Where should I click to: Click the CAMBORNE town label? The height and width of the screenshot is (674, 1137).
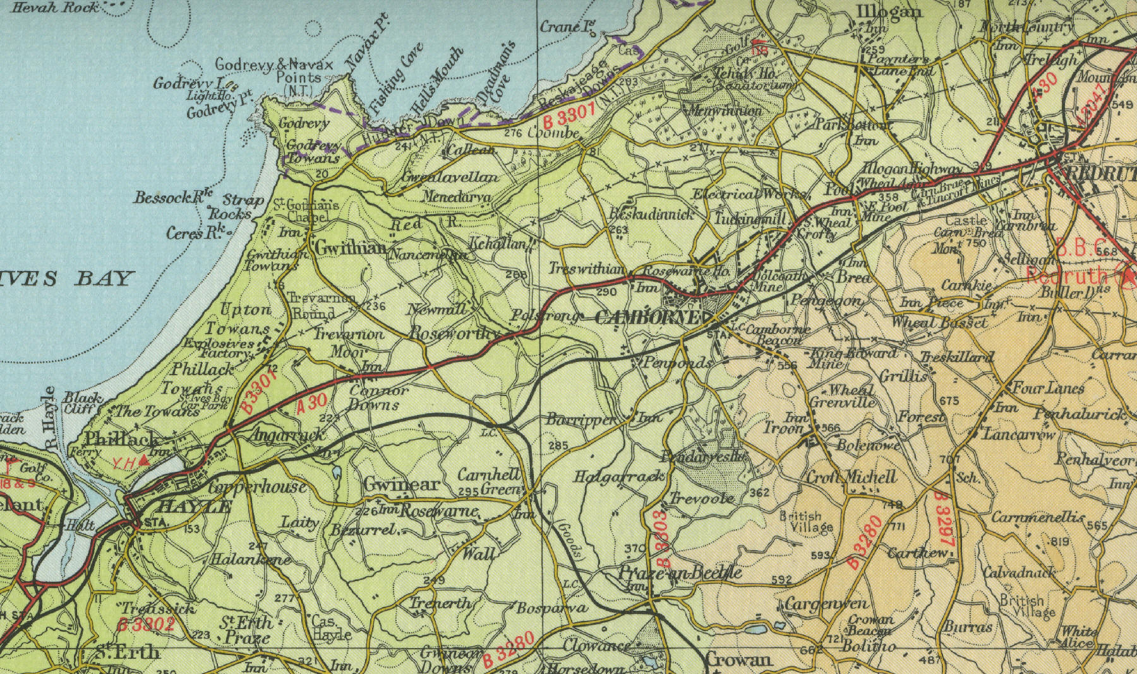647,318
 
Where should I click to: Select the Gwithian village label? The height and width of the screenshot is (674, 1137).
349,248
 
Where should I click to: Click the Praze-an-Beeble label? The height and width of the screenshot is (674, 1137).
679,574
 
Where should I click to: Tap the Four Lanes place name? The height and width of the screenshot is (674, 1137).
1049,387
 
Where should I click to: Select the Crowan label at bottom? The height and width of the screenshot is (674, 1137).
738,660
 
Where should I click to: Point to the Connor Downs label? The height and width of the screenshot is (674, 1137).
374,398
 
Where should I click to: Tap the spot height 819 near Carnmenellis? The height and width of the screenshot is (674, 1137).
1060,541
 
